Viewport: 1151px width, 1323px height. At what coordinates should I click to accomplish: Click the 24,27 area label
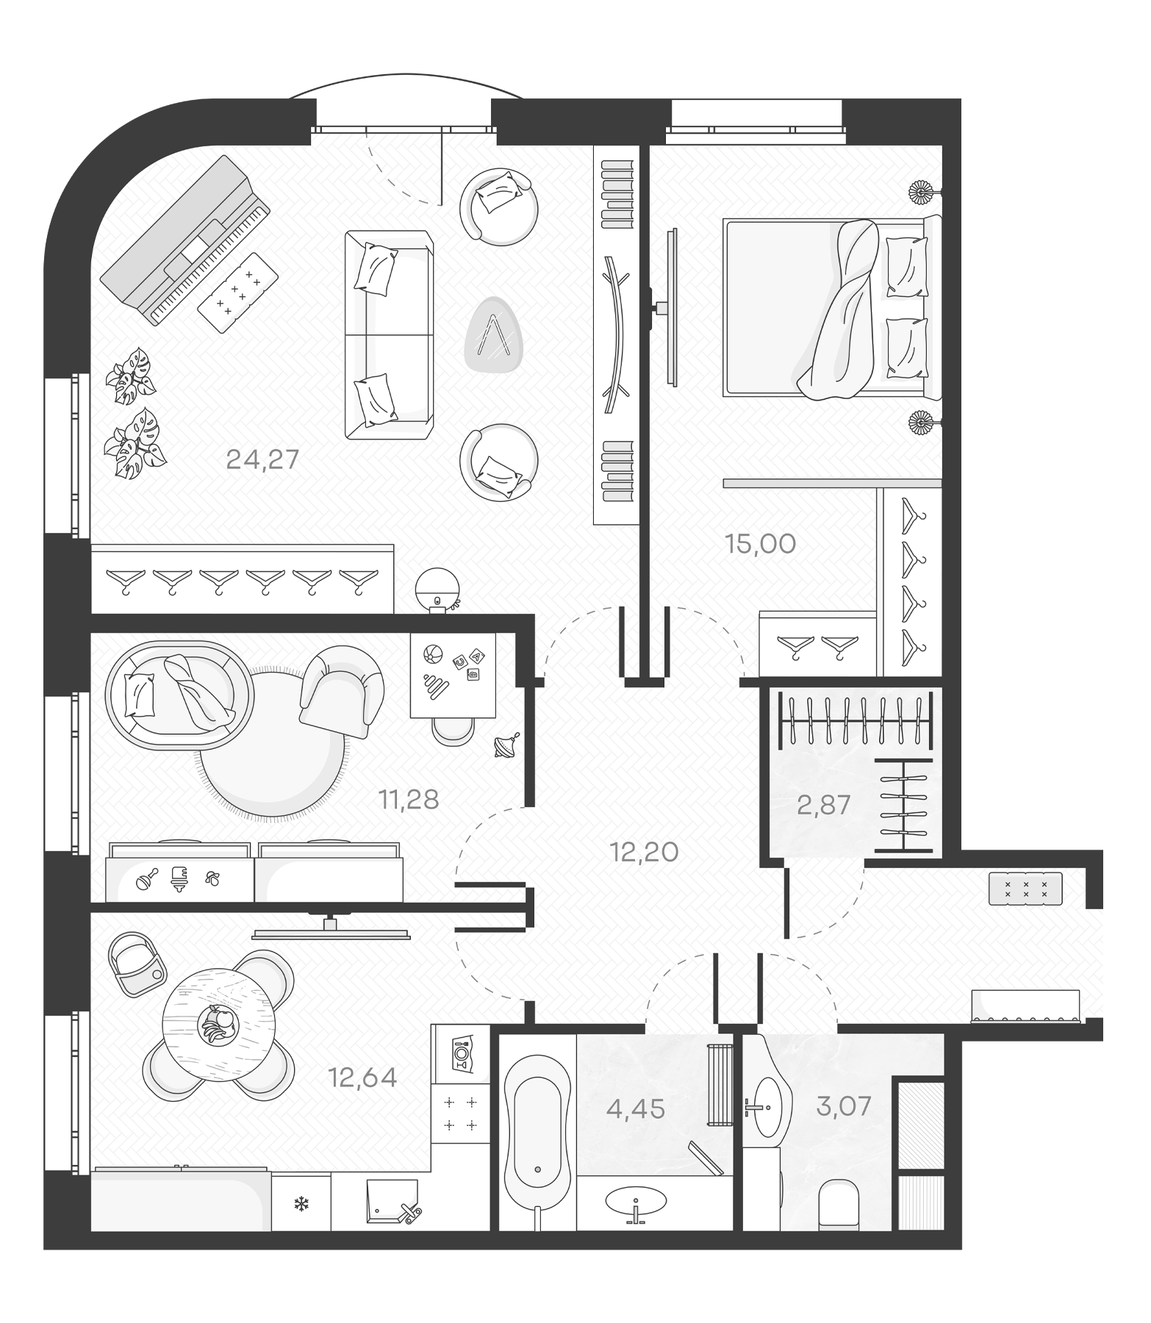point(262,459)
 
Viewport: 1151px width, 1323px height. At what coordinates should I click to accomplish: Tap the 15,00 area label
point(760,544)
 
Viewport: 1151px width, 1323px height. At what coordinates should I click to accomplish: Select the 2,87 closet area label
point(823,805)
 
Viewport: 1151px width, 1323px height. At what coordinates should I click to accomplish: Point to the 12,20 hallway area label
point(644,852)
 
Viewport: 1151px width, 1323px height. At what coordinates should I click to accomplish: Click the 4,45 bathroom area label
point(635,1108)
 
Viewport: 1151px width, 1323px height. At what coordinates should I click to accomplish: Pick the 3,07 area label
point(843,1105)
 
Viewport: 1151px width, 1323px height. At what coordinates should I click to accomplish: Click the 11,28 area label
point(409,799)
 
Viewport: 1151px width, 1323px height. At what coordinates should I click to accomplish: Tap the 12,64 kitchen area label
point(362,1078)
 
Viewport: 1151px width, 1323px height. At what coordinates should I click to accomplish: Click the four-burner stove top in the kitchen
point(460,1113)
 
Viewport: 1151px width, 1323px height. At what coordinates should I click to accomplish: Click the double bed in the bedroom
point(831,309)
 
